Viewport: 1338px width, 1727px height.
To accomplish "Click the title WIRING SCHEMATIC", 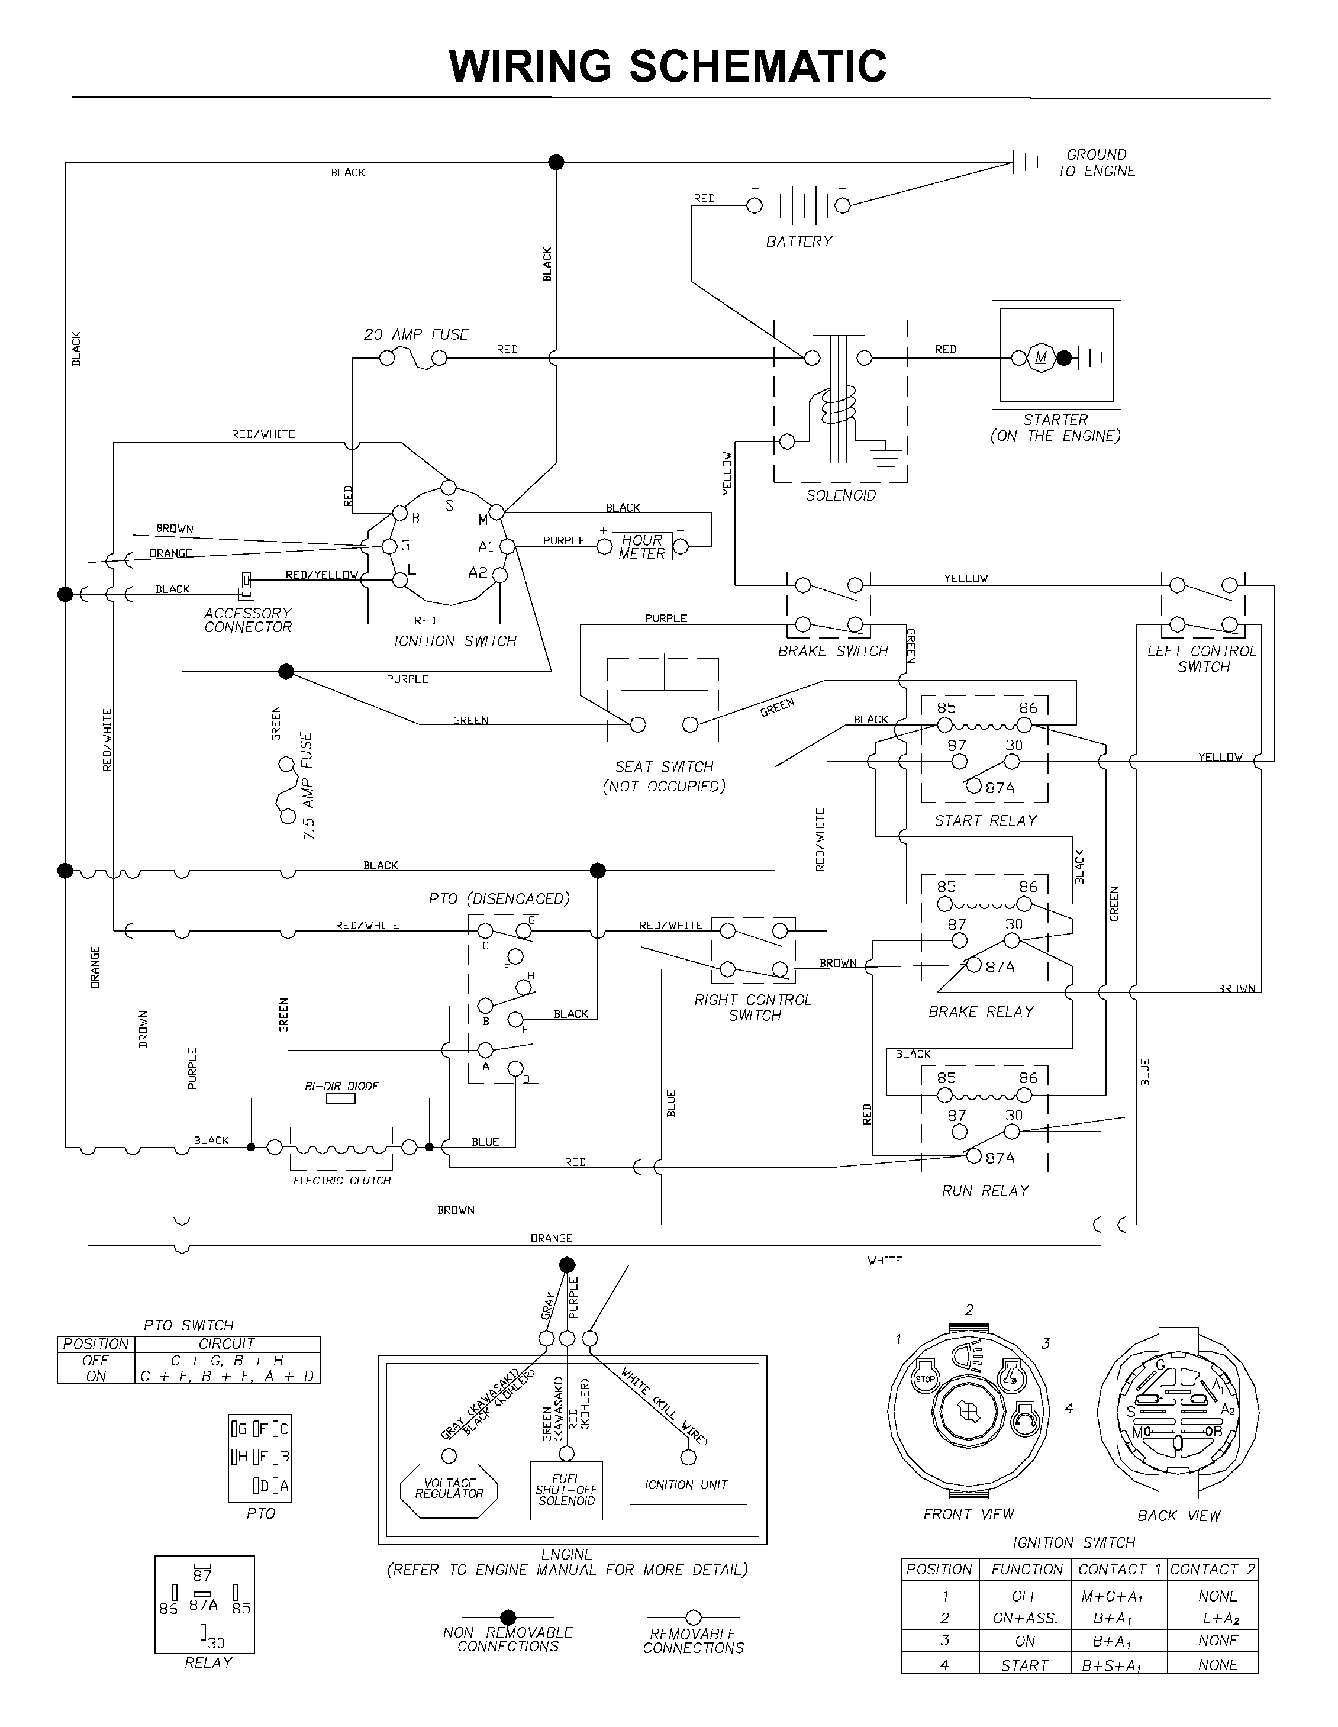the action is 668,66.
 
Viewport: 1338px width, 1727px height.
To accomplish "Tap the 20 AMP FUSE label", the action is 416,334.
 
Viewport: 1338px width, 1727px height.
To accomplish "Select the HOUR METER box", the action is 642,546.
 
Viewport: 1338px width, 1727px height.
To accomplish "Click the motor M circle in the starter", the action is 1041,357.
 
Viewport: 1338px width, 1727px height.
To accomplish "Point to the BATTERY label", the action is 799,241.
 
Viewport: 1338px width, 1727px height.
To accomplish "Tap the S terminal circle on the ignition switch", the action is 449,486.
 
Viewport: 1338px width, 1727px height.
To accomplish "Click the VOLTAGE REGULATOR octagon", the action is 449,1491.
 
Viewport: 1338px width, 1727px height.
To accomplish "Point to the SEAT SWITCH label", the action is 664,766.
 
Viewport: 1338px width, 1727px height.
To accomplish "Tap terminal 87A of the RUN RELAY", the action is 973,1157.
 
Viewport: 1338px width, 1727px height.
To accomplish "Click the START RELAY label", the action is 985,820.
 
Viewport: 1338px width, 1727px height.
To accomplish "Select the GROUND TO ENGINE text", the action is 1097,163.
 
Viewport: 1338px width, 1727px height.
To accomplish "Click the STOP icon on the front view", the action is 925,1378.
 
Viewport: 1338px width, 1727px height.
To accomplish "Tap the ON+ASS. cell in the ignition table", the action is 1025,1618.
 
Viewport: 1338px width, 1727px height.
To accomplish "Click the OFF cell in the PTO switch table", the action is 96,1360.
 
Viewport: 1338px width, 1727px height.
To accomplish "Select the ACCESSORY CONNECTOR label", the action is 247,620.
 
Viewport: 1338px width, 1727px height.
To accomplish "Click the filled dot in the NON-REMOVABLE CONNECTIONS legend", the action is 508,1617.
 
